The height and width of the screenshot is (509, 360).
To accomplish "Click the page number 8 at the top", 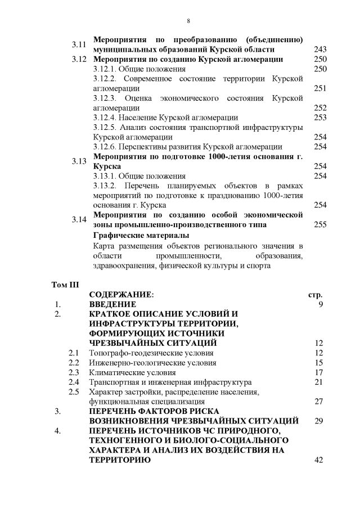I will (x=188, y=21).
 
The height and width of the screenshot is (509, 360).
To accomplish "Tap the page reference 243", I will (x=320, y=49).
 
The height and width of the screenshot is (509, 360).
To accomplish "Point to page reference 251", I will (x=320, y=88).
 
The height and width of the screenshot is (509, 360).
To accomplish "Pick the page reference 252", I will (x=320, y=108).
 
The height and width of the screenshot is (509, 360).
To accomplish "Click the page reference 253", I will (x=320, y=118).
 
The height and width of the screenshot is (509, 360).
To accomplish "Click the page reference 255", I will (x=320, y=224).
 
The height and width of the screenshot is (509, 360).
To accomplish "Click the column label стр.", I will (x=316, y=295).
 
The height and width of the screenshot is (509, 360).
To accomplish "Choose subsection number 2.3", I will (x=74, y=372).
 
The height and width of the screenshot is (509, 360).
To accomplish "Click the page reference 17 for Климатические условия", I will (x=318, y=372).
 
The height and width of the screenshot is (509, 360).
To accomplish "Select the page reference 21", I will (x=318, y=382).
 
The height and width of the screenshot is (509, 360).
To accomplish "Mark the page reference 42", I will (x=318, y=460).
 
